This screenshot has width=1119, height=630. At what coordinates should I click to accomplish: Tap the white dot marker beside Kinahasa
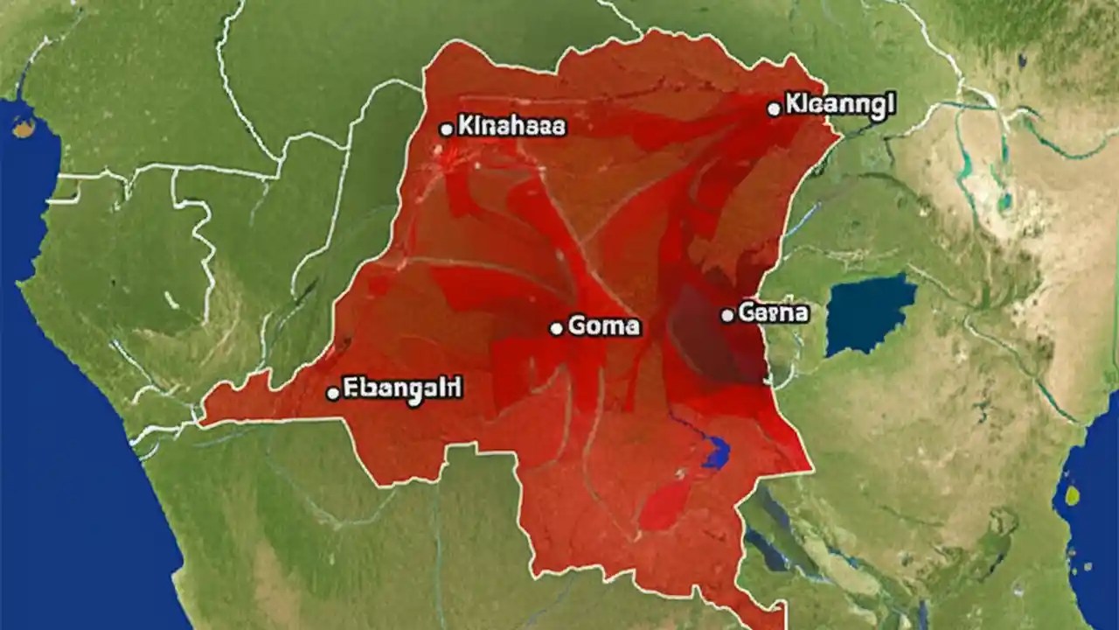[x=446, y=129]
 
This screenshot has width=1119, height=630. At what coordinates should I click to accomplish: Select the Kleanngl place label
[x=840, y=105]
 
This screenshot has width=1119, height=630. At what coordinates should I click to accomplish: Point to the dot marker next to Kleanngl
[x=773, y=109]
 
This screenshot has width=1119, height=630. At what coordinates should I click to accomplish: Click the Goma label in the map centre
[x=604, y=327]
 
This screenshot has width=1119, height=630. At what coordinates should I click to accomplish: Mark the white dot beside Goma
[x=556, y=329]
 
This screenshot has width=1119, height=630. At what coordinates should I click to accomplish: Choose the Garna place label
[x=774, y=312]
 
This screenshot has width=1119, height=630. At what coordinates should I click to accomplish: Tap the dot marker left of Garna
[x=726, y=314]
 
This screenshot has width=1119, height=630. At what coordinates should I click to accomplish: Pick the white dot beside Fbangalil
[x=332, y=394]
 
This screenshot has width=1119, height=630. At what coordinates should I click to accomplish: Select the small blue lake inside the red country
[x=716, y=451]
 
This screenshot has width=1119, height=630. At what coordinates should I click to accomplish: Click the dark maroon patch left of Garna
[x=708, y=337]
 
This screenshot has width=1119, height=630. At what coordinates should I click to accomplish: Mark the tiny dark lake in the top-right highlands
[x=1023, y=59]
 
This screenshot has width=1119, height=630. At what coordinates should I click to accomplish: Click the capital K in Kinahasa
[x=465, y=127]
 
